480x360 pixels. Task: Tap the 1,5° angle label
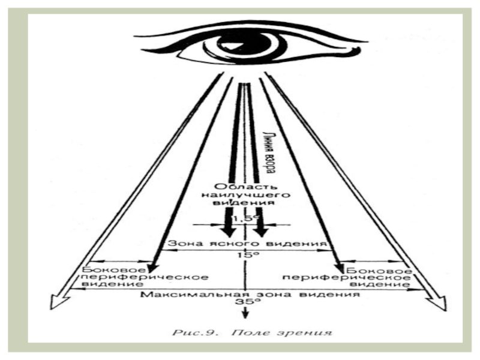tap(244, 220)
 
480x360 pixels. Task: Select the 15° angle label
tap(244, 254)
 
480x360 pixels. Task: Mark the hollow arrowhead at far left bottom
tap(58, 303)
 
